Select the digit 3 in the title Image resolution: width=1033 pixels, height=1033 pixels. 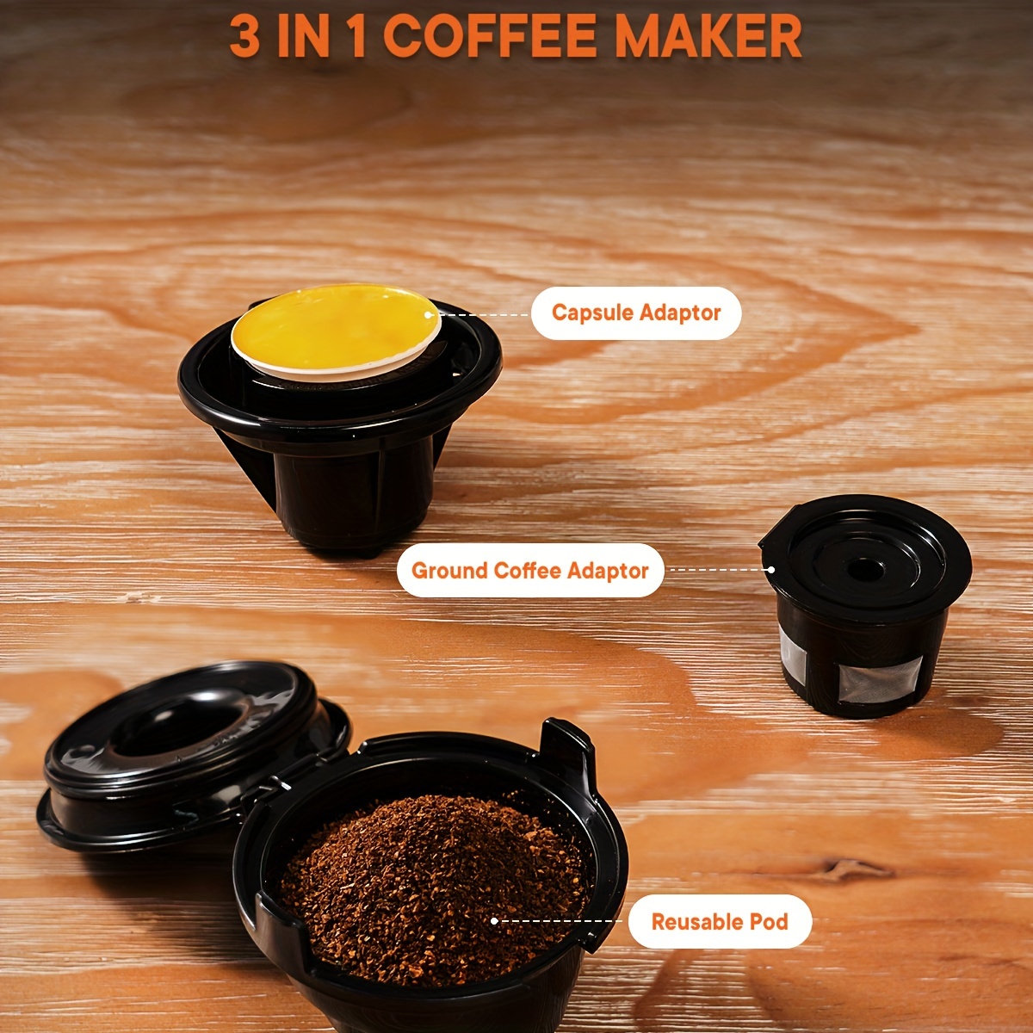[x=245, y=36]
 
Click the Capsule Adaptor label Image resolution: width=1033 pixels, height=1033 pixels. [x=636, y=313]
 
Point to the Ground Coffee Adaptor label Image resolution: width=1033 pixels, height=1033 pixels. [x=530, y=571]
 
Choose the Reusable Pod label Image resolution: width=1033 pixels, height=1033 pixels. [x=720, y=921]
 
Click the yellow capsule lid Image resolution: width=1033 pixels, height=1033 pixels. [x=336, y=327]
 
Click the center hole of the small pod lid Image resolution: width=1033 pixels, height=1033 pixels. [x=864, y=572]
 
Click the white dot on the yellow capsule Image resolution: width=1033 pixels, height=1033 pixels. [x=429, y=315]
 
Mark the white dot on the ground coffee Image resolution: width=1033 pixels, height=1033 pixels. [x=494, y=921]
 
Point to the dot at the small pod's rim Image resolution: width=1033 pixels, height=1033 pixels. [x=770, y=570]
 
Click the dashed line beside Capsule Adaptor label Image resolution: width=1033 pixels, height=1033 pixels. [x=481, y=315]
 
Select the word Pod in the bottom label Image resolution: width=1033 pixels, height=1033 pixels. [x=769, y=921]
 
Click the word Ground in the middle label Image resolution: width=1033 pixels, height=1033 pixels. [x=448, y=571]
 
